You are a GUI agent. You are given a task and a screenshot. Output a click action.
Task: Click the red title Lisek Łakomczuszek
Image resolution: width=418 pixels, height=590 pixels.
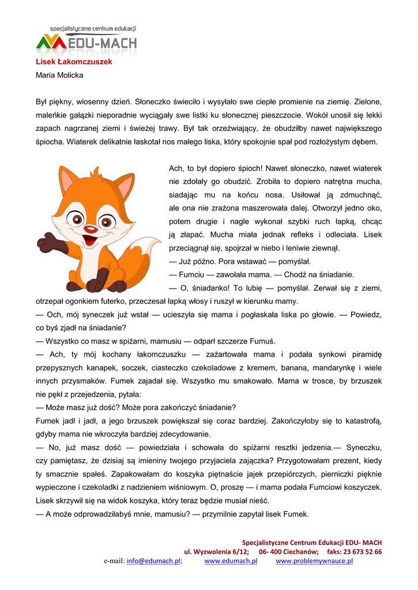(74, 62)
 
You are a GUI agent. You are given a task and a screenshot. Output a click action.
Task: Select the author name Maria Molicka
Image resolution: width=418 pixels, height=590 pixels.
(59, 75)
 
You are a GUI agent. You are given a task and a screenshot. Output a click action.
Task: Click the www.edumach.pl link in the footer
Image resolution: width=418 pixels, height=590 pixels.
(231, 561)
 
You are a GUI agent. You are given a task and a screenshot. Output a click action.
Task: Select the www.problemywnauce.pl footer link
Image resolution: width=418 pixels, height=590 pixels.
(314, 561)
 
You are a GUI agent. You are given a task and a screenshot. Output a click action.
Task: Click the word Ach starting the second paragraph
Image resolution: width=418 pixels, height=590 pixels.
(175, 168)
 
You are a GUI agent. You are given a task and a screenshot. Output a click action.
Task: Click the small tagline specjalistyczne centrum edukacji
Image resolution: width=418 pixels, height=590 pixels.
(93, 28)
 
